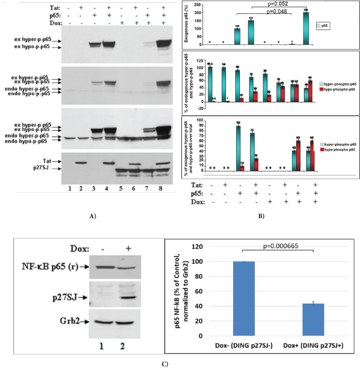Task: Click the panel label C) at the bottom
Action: coord(179,364)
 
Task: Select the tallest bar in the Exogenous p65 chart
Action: coord(306,28)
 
